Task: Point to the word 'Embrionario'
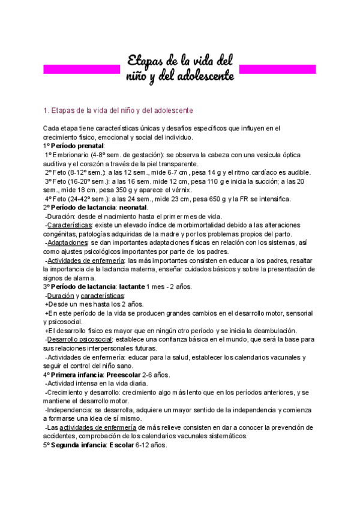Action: click(x=74, y=155)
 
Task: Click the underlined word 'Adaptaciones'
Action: click(x=67, y=242)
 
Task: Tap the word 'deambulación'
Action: click(x=274, y=331)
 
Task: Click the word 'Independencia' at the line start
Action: click(x=70, y=410)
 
